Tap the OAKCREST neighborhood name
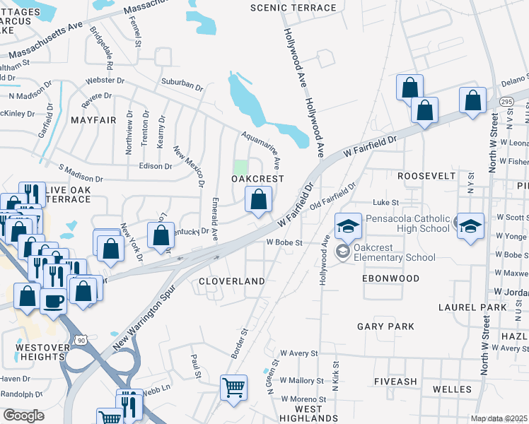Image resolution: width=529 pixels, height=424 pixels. click(x=258, y=179)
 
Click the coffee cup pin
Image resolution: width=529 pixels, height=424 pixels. click(x=54, y=300)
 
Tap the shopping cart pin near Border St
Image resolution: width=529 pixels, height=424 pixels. click(x=234, y=387)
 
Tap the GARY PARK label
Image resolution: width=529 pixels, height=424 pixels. click(x=385, y=326)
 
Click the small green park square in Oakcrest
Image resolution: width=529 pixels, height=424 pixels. click(x=241, y=168)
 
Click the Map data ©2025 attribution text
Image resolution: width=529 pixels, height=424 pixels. click(x=499, y=418)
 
